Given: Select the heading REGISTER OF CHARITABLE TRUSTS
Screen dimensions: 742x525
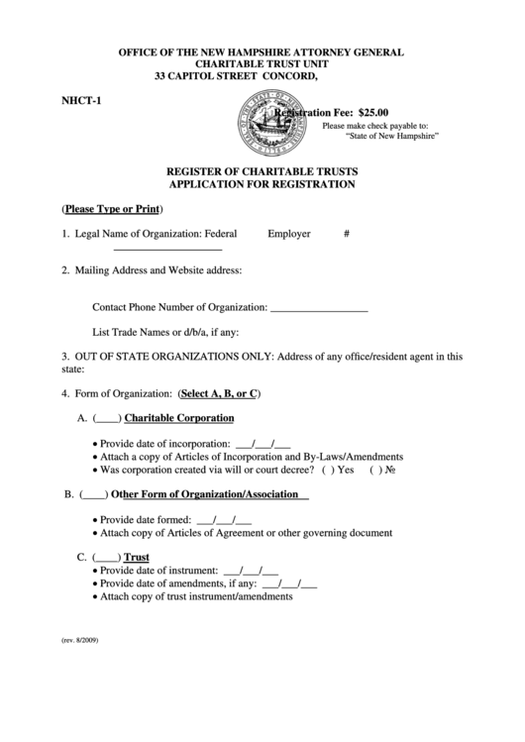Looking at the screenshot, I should pos(262,170).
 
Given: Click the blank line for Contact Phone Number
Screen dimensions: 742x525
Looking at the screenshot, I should pos(319,309).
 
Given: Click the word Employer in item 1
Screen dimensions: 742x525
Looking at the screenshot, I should pos(288,234).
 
